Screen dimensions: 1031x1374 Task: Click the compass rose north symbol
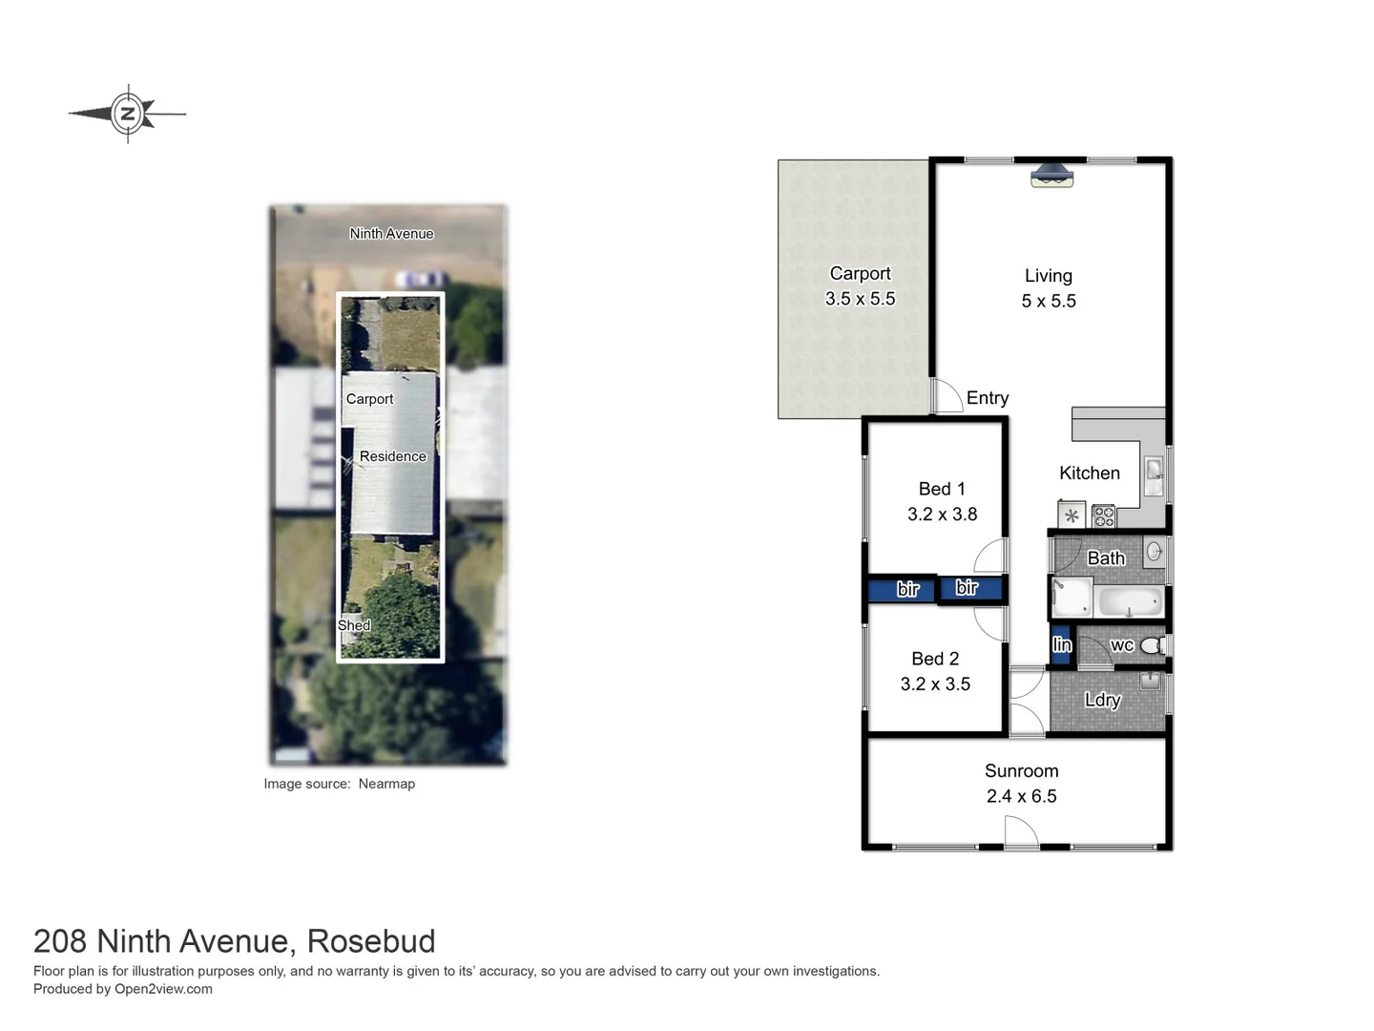(x=127, y=114)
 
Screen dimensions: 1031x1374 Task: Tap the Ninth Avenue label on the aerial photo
(x=391, y=234)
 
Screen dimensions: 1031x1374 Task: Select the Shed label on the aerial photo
(x=353, y=625)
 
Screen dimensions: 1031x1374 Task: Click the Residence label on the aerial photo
(x=392, y=456)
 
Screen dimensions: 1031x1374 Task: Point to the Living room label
(x=1048, y=276)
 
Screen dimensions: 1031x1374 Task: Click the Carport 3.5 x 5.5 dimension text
(x=860, y=299)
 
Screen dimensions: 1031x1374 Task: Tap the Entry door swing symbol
(x=947, y=397)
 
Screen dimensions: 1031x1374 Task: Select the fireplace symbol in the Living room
(x=1051, y=176)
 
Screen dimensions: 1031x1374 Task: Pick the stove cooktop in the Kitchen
(x=1104, y=516)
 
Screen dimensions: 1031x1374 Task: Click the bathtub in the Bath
(x=1131, y=601)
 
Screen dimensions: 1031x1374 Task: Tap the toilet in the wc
(x=1152, y=646)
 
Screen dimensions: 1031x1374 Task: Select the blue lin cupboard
(x=1061, y=645)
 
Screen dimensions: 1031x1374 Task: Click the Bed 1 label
(x=941, y=489)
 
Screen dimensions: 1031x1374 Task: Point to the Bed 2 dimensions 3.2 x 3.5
(x=935, y=684)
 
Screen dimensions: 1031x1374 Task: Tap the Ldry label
(x=1102, y=700)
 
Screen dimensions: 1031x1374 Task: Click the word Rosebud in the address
(x=371, y=941)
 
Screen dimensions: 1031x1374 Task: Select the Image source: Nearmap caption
(x=339, y=784)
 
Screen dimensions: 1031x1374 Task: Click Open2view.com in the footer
(x=163, y=989)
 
